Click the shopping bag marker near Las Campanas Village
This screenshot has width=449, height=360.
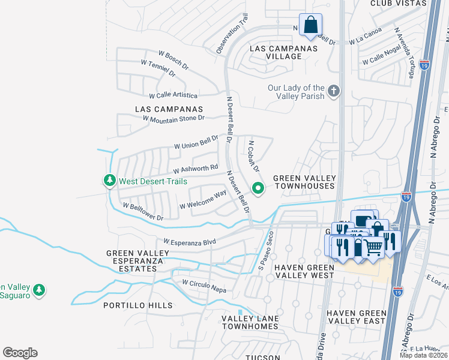[x=310, y=25]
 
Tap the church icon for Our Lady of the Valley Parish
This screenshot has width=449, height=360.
[x=334, y=92]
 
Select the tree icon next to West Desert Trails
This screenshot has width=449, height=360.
[x=109, y=180]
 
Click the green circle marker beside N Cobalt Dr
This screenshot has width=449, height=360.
[x=259, y=188]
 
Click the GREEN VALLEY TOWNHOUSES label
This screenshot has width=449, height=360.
[x=304, y=182]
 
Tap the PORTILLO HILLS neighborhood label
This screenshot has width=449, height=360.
[x=137, y=305]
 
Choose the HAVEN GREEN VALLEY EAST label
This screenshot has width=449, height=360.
[x=356, y=317]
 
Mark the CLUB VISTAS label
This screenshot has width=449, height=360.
[x=398, y=4]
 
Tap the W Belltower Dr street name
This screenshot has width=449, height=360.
[x=143, y=212]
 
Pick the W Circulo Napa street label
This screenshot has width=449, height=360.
[x=204, y=286]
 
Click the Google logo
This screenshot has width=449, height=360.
[x=20, y=353]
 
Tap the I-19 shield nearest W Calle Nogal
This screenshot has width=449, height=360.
[x=425, y=63]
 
